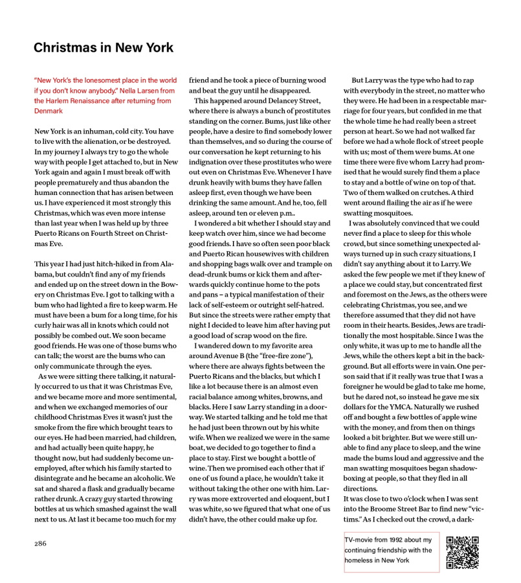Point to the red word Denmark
49,111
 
